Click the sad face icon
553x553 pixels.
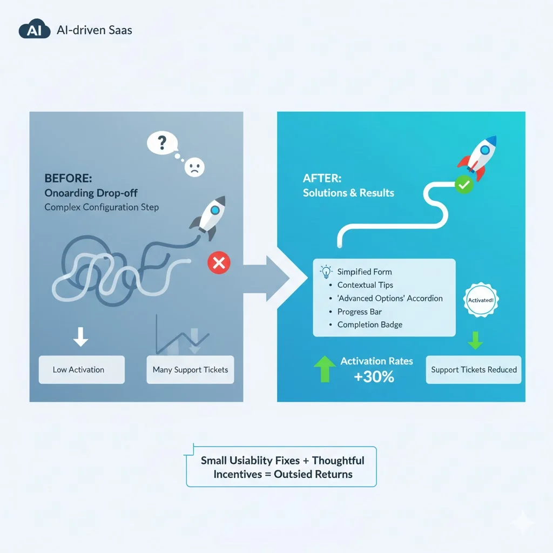tap(192, 167)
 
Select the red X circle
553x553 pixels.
tap(219, 264)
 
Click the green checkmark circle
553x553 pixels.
tap(463, 185)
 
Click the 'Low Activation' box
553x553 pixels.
tap(82, 370)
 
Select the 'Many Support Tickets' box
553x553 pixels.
tap(190, 370)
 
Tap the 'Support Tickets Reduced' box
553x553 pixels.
tap(474, 370)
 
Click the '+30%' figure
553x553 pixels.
tap(374, 376)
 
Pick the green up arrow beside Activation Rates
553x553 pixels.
tap(324, 369)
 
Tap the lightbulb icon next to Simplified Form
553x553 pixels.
tap(327, 271)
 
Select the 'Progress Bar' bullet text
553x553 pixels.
tap(360, 312)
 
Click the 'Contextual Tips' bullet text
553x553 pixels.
tap(365, 285)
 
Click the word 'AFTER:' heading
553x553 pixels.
tap(322, 178)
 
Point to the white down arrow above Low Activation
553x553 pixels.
tap(80, 336)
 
